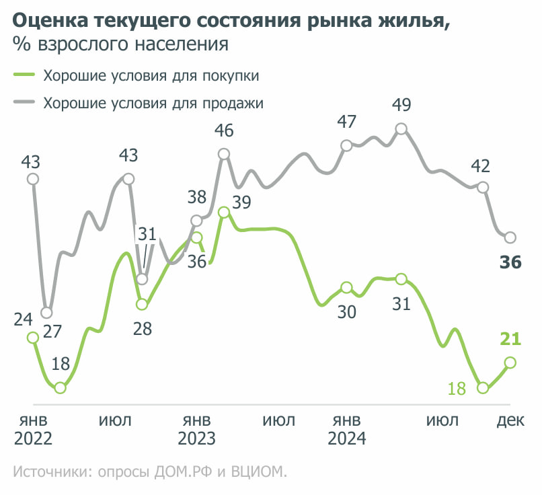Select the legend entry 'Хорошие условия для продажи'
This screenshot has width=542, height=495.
pos(153,104)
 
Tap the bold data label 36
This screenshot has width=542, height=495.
pos(511,262)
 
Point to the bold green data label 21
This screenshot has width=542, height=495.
pos(511,339)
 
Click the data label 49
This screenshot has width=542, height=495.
pos(401,105)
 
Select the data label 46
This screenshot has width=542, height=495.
pos(224,130)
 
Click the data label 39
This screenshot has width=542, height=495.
pos(242,201)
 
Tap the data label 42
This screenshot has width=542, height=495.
pos(481,165)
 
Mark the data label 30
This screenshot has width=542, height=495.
pos(346,312)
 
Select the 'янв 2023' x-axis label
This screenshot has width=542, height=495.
pos(196,430)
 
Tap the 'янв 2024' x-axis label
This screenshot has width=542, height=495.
pos(346,430)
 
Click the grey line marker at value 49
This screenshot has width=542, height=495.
pos(401,128)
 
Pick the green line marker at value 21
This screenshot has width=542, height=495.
pos(510,363)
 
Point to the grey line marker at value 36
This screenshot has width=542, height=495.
pos(510,237)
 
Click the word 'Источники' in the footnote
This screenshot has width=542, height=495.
pos(49,471)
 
